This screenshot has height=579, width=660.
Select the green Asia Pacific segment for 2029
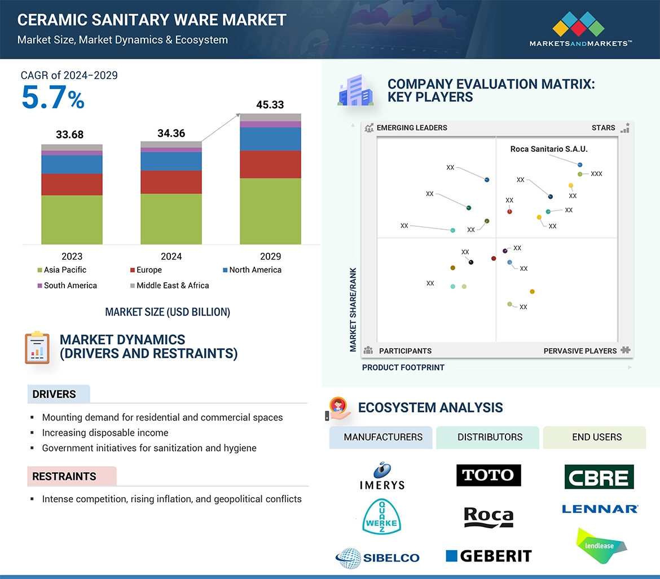click(270, 211)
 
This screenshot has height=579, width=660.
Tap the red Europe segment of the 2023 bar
click(72, 184)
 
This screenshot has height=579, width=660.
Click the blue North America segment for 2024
click(171, 161)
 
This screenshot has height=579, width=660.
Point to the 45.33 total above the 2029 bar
click(270, 105)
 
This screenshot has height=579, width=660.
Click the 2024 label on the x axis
click(171, 256)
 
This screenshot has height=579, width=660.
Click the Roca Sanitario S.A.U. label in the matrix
click(548, 150)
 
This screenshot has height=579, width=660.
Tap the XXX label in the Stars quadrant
click(596, 174)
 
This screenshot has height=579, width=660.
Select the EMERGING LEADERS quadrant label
click(411, 128)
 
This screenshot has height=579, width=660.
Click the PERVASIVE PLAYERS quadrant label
click(580, 351)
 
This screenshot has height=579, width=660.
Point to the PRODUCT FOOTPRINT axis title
click(403, 367)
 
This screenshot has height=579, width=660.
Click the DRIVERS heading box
click(55, 394)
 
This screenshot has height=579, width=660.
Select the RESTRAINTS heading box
click(64, 476)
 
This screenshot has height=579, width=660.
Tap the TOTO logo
click(489, 475)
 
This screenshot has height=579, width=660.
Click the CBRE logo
click(599, 477)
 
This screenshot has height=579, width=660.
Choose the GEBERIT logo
click(489, 556)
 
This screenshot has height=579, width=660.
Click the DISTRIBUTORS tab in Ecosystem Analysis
click(490, 437)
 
